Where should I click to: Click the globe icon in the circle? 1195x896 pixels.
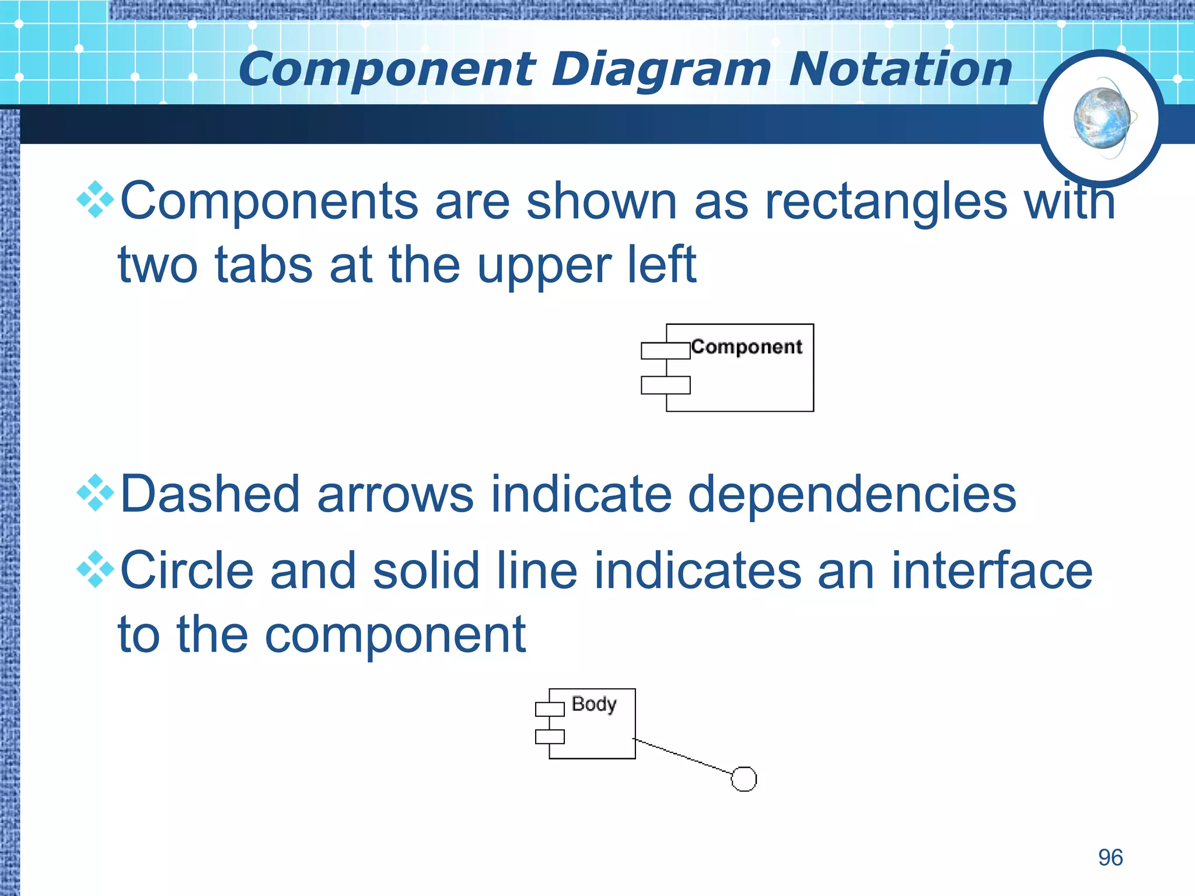1102,119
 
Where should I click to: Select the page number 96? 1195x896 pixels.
1110,857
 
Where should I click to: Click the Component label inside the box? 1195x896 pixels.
747,347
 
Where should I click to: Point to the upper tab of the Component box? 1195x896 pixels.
665,351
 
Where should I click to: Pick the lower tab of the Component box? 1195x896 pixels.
665,385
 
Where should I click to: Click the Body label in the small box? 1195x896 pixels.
594,704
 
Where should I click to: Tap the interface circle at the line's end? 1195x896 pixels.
744,779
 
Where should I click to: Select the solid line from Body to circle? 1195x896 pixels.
683,757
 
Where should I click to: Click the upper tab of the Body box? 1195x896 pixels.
550,709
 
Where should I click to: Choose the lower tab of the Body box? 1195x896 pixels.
550,737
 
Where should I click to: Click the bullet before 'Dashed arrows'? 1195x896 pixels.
95,494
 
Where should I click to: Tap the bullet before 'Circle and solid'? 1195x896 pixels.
95,569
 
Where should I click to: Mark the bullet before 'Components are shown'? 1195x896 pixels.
95,200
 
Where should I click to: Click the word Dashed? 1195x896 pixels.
210,495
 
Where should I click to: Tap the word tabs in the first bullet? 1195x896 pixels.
264,265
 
